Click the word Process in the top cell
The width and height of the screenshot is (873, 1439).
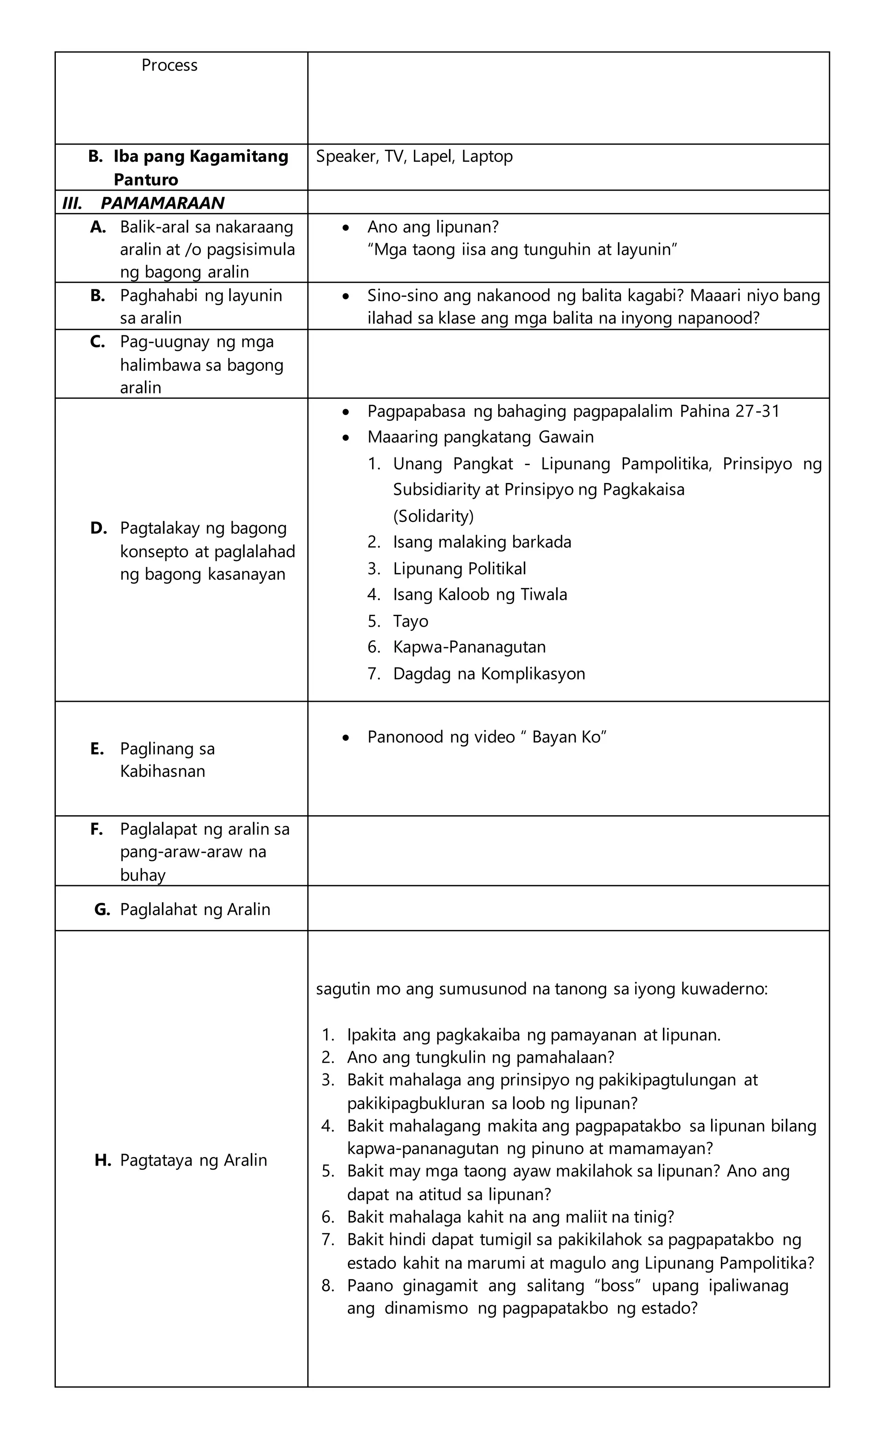tap(169, 65)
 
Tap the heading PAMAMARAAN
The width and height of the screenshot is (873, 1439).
tap(162, 203)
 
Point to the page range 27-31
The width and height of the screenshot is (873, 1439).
tap(757, 411)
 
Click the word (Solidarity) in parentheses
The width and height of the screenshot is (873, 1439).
tap(433, 516)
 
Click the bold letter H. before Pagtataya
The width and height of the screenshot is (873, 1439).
tap(102, 1160)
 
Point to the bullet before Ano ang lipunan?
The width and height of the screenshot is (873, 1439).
tap(347, 227)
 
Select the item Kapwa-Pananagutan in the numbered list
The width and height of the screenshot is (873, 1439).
tap(469, 647)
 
